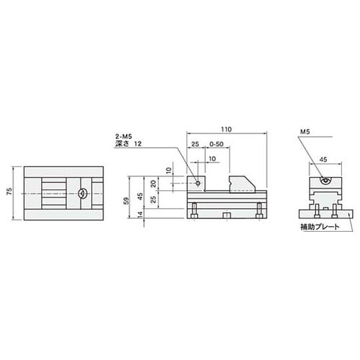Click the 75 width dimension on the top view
click(x=9, y=192)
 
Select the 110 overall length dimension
click(x=226, y=130)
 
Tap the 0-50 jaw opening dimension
click(x=217, y=144)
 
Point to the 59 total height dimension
click(x=126, y=201)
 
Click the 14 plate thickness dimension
click(x=140, y=214)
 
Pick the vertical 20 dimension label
click(x=153, y=184)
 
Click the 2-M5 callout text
click(x=124, y=137)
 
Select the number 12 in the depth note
click(x=138, y=144)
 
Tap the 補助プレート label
click(x=320, y=227)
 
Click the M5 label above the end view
click(x=305, y=132)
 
